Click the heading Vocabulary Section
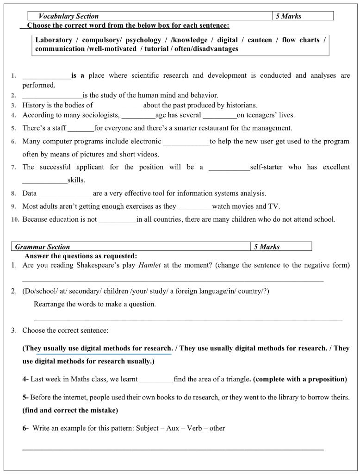68,16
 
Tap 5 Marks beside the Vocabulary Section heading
288,16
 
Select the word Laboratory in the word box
54,40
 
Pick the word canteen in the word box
260,40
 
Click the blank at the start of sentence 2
52,95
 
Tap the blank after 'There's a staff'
81,128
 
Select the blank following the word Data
65,193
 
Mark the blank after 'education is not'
118,219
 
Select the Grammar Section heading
43,247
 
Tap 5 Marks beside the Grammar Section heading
267,247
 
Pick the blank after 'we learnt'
156,380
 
